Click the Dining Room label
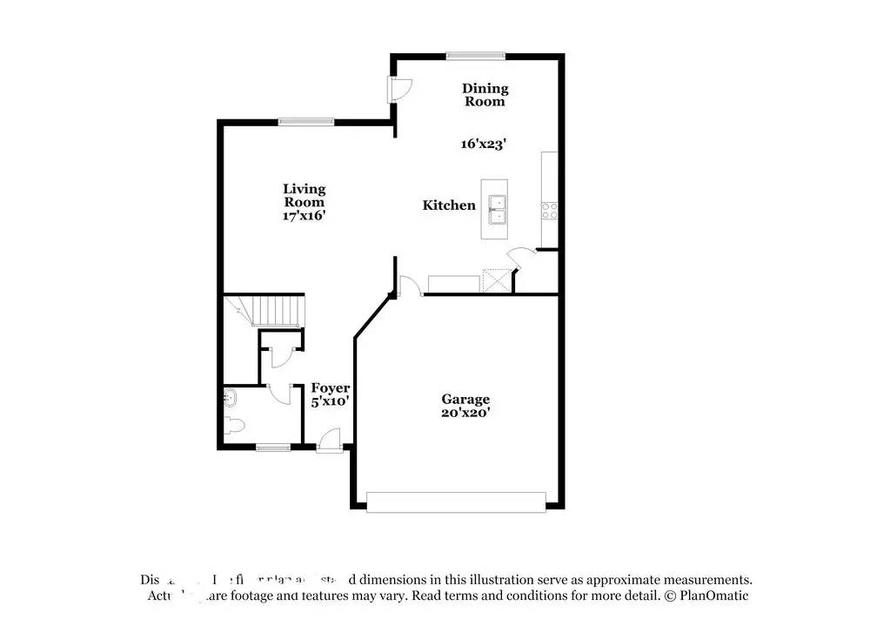pos(485,95)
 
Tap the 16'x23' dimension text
pos(484,144)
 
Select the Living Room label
pos(304,195)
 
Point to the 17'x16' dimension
pos(304,215)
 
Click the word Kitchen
pos(449,205)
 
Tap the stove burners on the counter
pos(550,210)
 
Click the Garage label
pos(464,400)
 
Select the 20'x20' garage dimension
pos(464,414)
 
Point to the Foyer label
pos(331,388)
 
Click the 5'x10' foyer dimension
pos(331,402)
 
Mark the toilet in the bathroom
pos(235,426)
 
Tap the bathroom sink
pos(231,399)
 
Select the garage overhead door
pos(456,502)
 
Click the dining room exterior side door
pos(400,88)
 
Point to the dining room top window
pos(476,56)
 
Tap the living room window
pos(305,122)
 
